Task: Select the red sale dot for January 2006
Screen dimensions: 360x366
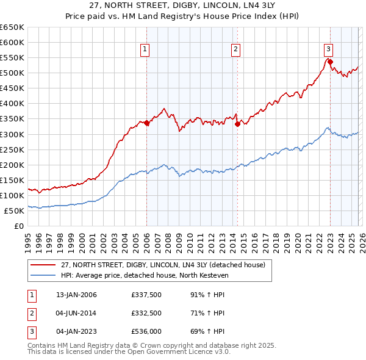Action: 146,123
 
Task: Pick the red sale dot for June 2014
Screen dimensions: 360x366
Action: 237,124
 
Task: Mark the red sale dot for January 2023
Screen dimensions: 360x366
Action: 330,62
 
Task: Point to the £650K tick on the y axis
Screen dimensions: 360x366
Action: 12,27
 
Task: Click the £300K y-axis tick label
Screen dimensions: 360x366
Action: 12,134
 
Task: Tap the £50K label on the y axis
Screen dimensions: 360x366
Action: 14,211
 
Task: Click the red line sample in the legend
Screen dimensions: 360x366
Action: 43,265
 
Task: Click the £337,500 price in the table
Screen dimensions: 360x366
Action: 146,295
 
